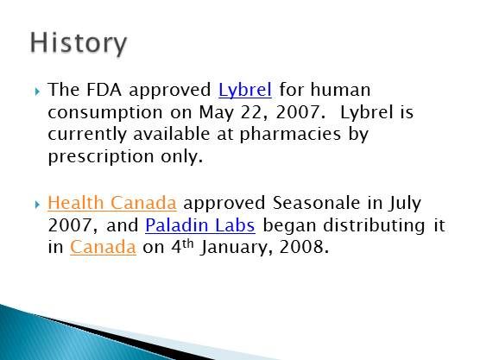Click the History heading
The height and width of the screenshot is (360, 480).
point(79,43)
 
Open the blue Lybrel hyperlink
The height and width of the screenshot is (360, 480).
point(245,90)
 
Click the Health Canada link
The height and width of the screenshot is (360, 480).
point(112,203)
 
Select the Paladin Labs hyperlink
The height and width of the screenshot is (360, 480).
point(200,225)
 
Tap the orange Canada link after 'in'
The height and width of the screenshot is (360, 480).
point(103,247)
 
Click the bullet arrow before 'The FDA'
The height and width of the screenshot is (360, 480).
point(37,91)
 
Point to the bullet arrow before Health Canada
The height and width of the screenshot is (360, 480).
point(37,205)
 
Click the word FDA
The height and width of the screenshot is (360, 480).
point(104,90)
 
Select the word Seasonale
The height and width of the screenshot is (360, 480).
point(316,203)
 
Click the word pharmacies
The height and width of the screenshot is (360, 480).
point(290,135)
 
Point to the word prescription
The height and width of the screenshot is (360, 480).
point(101,157)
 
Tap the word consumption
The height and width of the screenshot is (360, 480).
point(105,112)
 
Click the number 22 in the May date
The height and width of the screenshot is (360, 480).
point(251,112)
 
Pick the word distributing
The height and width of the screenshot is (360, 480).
point(374,225)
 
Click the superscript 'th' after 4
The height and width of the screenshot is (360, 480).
point(188,243)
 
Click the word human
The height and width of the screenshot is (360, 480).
point(340,90)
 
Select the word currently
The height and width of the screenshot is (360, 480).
point(87,135)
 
